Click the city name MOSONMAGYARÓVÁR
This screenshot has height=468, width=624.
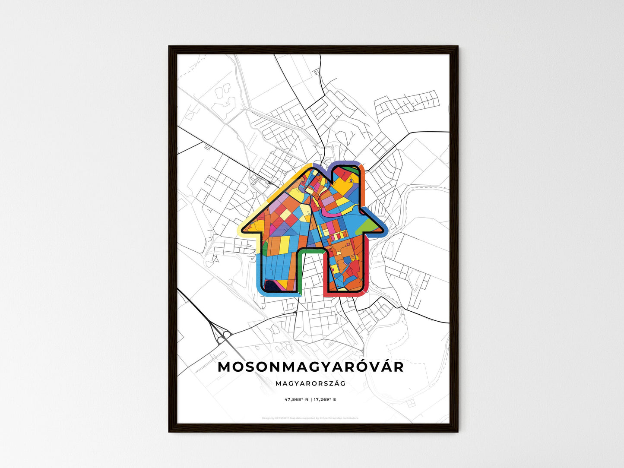coord(311,367)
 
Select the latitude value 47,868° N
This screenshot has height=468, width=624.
coord(295,399)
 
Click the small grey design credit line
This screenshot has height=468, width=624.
coord(310,418)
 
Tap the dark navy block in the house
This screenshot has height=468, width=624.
coord(272,285)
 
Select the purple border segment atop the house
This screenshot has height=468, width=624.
coord(345,163)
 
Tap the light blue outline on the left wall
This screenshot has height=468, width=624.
coord(259,272)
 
